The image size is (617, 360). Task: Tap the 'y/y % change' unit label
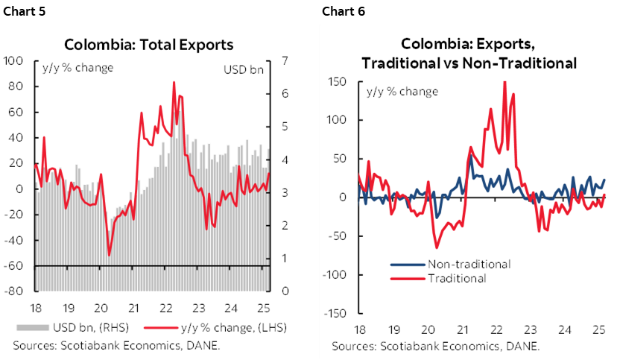pyautogui.click(x=402, y=92)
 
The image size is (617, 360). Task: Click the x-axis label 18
pyautogui.click(x=358, y=329)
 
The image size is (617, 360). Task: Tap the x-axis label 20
pyautogui.click(x=428, y=329)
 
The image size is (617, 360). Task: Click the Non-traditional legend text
pyautogui.click(x=469, y=264)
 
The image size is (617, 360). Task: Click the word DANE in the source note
pyautogui.click(x=523, y=346)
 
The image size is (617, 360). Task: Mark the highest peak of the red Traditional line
pyautogui.click(x=504, y=82)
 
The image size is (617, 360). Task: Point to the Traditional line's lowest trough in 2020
pyautogui.click(x=436, y=247)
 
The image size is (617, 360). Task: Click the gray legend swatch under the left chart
pyautogui.click(x=33, y=326)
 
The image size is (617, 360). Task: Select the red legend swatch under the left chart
pyautogui.click(x=161, y=326)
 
